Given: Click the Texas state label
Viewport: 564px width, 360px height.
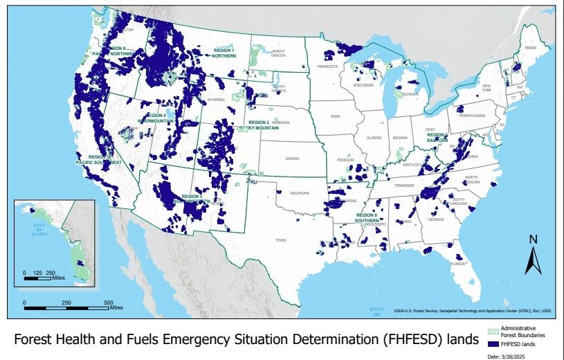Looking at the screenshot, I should (280, 240).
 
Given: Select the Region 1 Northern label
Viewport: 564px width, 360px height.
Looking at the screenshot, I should (224, 53).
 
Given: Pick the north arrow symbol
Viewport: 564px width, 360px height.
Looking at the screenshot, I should (533, 254).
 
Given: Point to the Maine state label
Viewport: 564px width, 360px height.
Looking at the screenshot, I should (531, 48).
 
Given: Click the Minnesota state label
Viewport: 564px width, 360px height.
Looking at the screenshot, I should (327, 66).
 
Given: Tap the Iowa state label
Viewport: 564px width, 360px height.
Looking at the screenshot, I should (336, 116).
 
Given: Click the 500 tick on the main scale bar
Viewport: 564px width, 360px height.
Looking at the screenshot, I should (109, 303).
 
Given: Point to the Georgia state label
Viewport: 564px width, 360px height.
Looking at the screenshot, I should (436, 219).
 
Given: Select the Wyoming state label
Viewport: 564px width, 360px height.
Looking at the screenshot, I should (216, 99).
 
